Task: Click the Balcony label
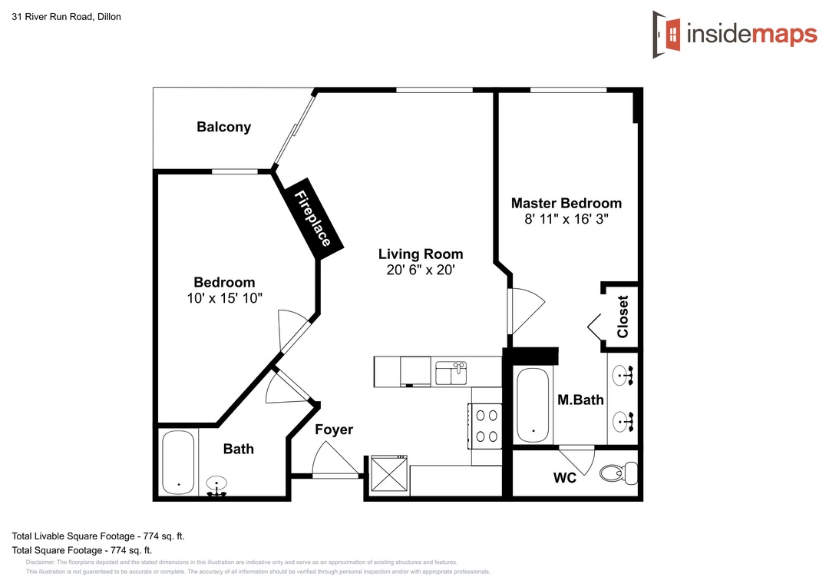[223, 127]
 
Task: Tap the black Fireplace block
[313, 218]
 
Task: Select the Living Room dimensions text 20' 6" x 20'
[421, 270]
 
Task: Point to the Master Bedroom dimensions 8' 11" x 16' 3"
[566, 219]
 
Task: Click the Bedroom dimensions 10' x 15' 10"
[224, 298]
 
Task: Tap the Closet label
[623, 317]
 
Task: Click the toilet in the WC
[619, 473]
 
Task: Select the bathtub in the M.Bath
[533, 405]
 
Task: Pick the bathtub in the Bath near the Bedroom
[178, 463]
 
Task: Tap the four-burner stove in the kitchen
[485, 426]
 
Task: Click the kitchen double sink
[451, 373]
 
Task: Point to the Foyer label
[334, 430]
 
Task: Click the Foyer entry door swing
[334, 460]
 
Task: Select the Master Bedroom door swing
[526, 310]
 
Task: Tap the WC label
[565, 478]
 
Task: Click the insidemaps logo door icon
[667, 35]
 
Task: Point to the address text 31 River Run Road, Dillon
[67, 17]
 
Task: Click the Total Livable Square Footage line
[98, 536]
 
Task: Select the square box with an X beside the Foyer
[389, 473]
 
